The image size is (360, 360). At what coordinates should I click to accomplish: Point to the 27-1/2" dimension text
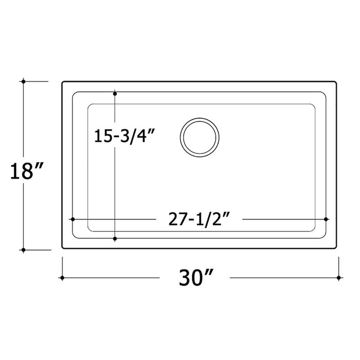point(200,219)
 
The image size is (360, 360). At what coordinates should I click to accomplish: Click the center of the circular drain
point(200,138)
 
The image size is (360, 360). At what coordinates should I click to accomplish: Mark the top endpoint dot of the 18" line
point(22,81)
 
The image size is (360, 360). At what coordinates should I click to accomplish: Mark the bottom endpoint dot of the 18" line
point(22,249)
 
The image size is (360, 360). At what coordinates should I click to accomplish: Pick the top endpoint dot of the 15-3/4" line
point(115,94)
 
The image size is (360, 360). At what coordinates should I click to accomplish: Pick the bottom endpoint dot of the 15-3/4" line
point(115,238)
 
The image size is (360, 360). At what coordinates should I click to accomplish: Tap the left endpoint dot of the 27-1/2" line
point(72,219)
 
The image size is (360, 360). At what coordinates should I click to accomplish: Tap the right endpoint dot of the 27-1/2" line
point(325,219)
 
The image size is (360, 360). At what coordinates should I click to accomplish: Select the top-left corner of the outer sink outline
point(63,82)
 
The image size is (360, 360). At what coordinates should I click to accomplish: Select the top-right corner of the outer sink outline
point(336,82)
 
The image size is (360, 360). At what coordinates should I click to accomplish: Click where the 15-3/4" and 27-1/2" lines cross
point(115,219)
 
